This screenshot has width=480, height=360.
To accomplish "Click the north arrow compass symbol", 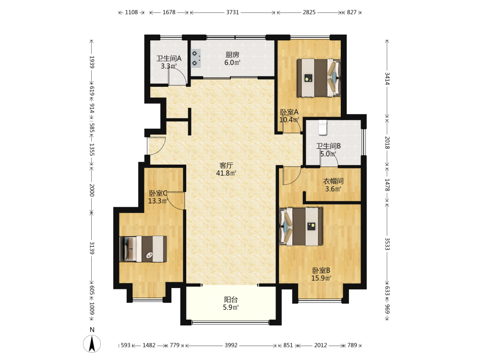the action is coord(92,344).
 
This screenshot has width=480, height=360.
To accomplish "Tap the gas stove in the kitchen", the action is coord(196,59).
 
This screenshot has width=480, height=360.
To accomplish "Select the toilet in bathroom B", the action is coord(323,128).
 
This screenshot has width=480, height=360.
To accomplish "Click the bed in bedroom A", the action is coord(319,78).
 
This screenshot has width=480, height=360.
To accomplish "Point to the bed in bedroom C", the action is coord(143,249).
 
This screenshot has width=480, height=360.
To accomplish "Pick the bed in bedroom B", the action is coord(301,227).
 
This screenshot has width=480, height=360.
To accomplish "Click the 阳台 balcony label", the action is coord(231,300).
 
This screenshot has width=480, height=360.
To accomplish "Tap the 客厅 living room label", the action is coord(226,166).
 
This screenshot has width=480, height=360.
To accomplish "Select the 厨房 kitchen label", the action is coord(232,55).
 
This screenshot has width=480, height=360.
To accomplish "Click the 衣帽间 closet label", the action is coord(334,181).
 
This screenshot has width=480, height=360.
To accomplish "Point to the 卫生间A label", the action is coord(169,59).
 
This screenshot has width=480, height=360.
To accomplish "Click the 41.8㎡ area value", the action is coord(226,173).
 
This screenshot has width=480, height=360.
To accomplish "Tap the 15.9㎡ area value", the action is coord(321,278).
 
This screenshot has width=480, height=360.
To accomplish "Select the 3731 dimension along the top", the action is coord(233,12).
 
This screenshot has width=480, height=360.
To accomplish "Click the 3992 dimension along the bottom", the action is coord(231,345).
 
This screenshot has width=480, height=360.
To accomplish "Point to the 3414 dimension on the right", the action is coord(387,79).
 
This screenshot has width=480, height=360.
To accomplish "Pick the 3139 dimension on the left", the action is coord(92,248).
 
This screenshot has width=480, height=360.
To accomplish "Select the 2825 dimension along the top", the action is coord(309,12).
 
